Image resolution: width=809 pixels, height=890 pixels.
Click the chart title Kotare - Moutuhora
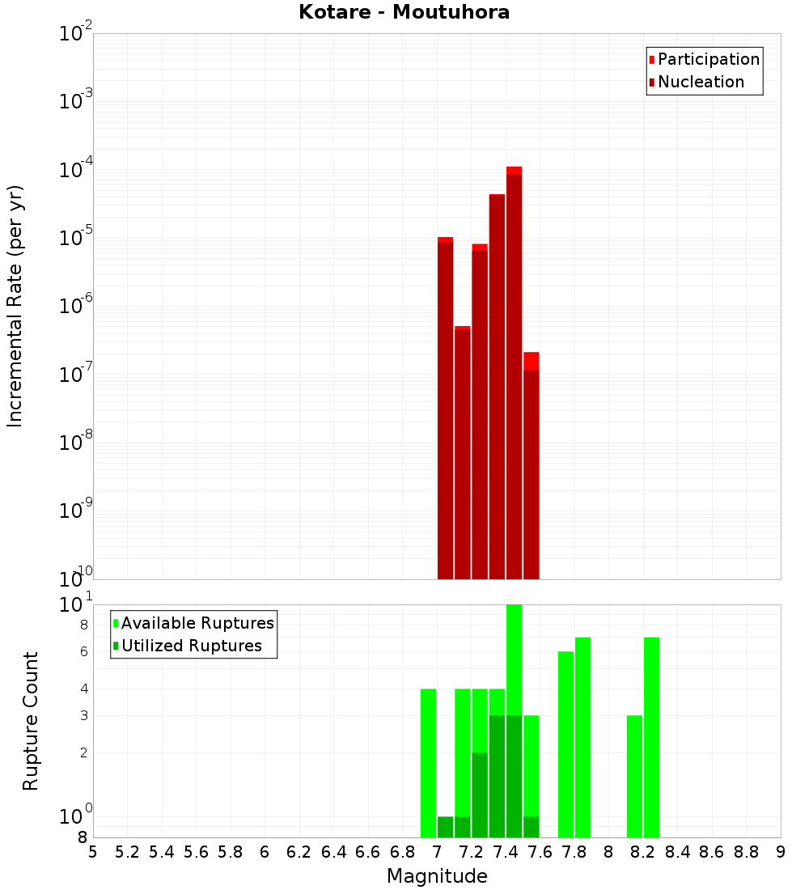click(x=404, y=12)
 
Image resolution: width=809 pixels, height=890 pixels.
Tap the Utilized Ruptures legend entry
click(x=191, y=646)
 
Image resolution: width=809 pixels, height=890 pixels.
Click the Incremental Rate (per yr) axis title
click(x=15, y=306)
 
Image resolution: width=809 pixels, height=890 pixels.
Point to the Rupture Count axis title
click(x=31, y=721)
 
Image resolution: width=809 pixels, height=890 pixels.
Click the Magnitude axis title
click(x=437, y=876)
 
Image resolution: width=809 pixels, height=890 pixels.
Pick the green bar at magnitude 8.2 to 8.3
click(x=651, y=737)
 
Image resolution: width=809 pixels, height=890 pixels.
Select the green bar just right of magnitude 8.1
click(x=634, y=776)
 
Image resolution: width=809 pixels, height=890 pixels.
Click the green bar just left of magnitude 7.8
click(x=565, y=744)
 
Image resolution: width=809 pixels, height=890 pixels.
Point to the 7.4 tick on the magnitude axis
click(x=506, y=852)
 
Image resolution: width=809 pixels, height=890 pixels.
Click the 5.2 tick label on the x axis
click(x=128, y=852)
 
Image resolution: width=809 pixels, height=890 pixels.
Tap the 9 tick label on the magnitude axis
click(x=781, y=852)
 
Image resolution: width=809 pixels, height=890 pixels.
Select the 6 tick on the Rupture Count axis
click(x=84, y=652)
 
